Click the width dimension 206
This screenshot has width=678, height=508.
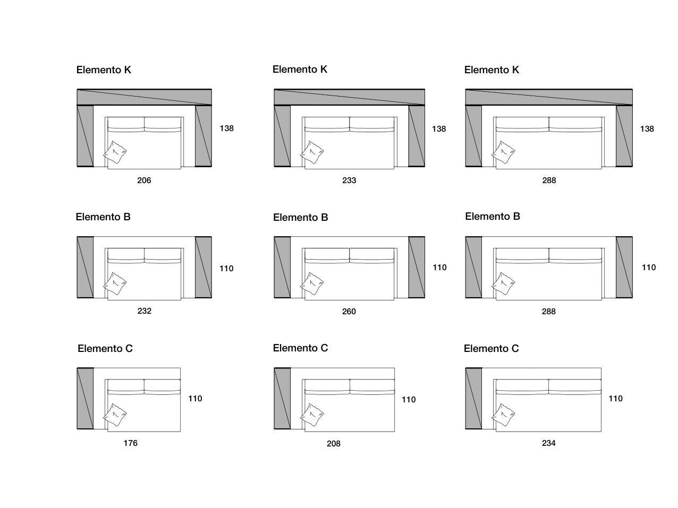pyautogui.click(x=144, y=180)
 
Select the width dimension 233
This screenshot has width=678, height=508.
pyautogui.click(x=349, y=180)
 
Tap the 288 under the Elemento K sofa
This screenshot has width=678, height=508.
pyautogui.click(x=549, y=180)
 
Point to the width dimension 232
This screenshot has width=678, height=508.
pyautogui.click(x=144, y=311)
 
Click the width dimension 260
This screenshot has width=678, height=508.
pyautogui.click(x=349, y=312)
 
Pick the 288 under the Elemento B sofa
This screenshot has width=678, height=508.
pyautogui.click(x=549, y=312)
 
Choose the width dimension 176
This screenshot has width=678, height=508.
pyautogui.click(x=131, y=443)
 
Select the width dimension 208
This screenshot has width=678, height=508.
pyautogui.click(x=334, y=444)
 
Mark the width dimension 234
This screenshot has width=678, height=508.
pyautogui.click(x=549, y=443)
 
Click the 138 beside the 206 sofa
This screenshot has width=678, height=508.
pyautogui.click(x=227, y=128)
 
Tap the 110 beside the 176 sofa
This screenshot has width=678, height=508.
pyautogui.click(x=195, y=399)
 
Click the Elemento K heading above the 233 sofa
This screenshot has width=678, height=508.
pyautogui.click(x=300, y=70)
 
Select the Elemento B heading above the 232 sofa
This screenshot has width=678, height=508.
pyautogui.click(x=103, y=217)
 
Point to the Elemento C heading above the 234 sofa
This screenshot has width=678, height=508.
pyautogui.click(x=491, y=349)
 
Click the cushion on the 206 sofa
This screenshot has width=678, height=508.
pyautogui.click(x=115, y=152)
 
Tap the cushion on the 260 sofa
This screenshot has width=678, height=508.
pyautogui.click(x=312, y=283)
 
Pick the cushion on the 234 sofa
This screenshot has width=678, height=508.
pyautogui.click(x=503, y=415)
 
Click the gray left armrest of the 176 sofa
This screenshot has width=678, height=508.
pyautogui.click(x=85, y=398)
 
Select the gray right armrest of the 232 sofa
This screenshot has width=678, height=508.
pyautogui.click(x=204, y=267)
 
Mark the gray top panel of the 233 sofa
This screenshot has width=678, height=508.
pyautogui.click(x=349, y=97)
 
